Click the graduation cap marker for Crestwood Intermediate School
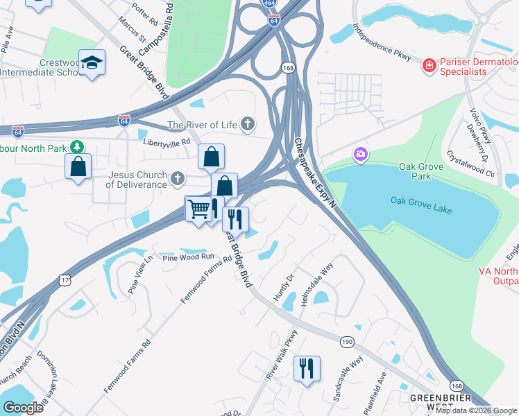(x=92, y=64)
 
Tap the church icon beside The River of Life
(x=248, y=125)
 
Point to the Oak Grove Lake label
(x=421, y=200)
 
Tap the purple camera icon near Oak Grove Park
(x=360, y=154)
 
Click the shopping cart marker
(x=198, y=208)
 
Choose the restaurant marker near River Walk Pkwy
(x=307, y=367)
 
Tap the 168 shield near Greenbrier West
(x=457, y=385)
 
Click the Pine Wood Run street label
(x=189, y=257)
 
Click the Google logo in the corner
(x=24, y=408)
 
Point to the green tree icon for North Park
(x=78, y=146)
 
